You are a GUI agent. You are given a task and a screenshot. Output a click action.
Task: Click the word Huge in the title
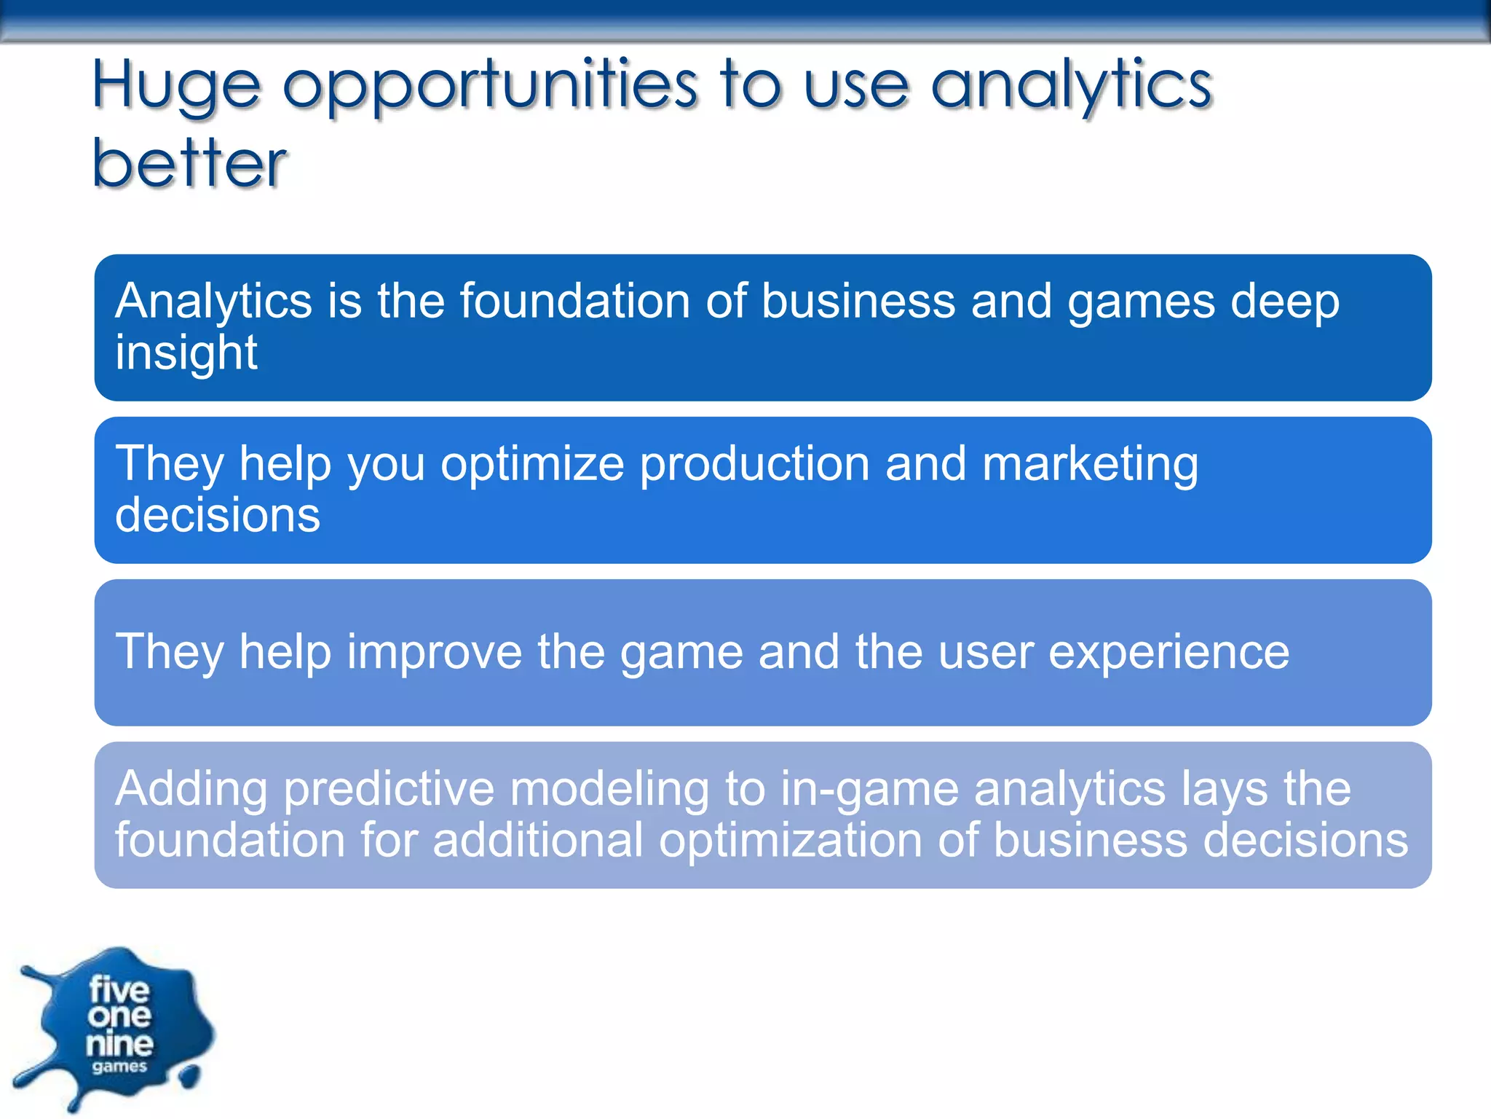click(x=175, y=86)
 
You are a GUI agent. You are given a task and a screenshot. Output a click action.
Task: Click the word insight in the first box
click(x=186, y=353)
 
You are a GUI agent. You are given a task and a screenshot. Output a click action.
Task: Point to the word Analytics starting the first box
click(x=213, y=302)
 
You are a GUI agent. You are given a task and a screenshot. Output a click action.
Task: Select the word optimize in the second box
click(x=532, y=464)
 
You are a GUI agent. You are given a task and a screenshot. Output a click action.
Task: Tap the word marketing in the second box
click(x=1089, y=464)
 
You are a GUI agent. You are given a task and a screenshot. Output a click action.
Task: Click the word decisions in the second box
click(x=217, y=515)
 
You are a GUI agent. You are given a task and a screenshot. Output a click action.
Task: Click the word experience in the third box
click(x=1168, y=651)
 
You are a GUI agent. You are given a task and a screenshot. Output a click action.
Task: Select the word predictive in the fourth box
click(x=389, y=789)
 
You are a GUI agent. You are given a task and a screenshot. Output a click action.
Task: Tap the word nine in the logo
click(x=119, y=1044)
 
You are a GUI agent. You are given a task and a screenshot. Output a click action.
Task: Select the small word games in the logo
click(x=119, y=1067)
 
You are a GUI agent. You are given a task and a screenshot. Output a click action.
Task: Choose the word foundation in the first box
click(x=574, y=302)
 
